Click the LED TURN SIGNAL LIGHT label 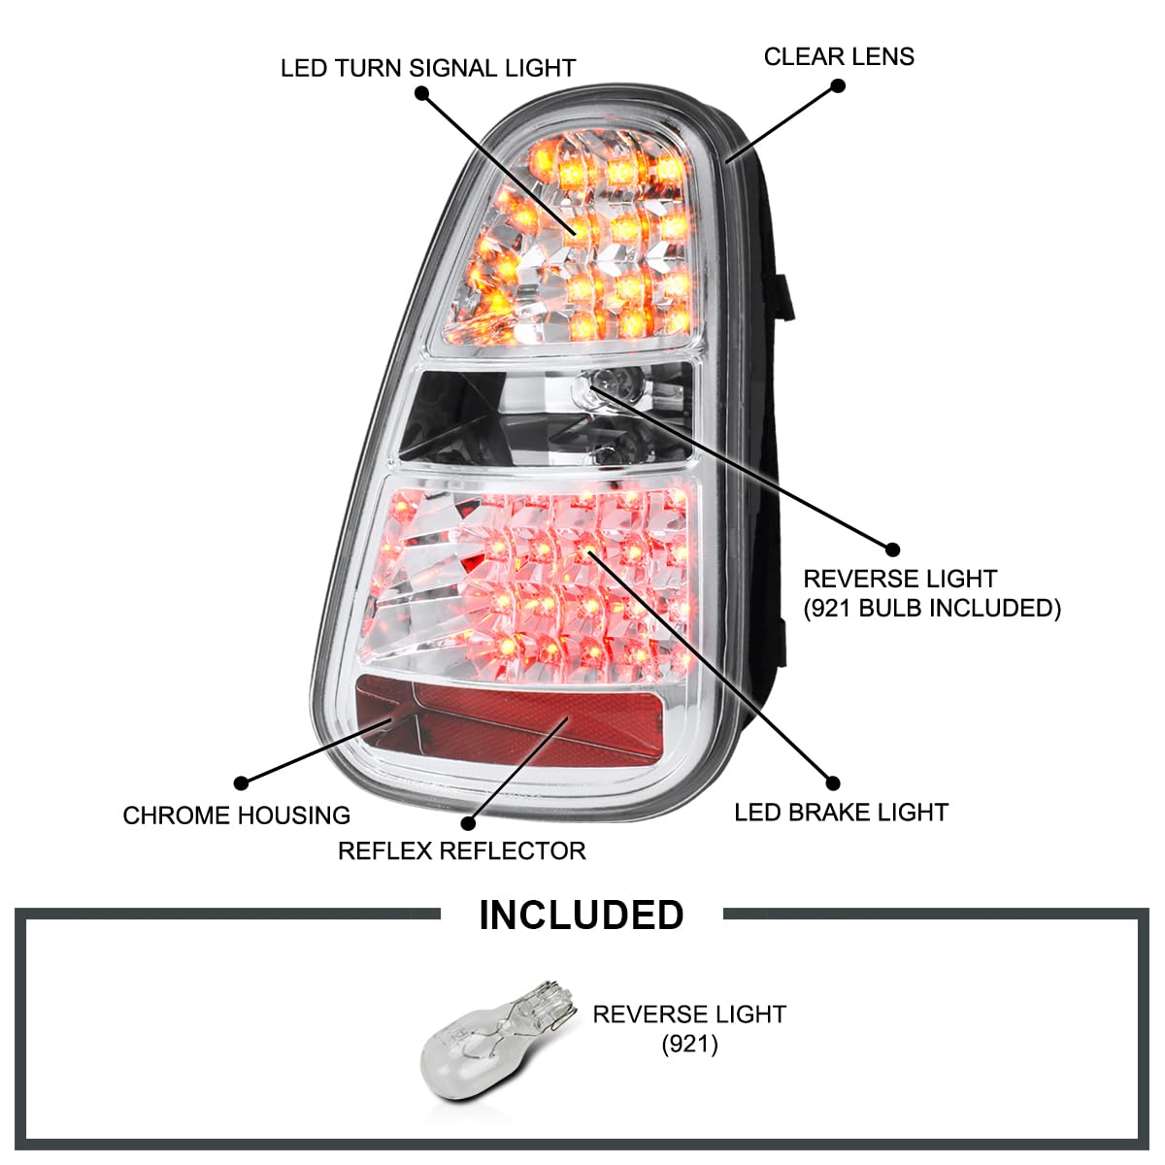(427, 68)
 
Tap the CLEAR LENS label (839, 56)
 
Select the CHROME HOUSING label (236, 815)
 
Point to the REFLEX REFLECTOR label (461, 851)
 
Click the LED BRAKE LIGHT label (841, 813)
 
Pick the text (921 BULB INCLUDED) (932, 609)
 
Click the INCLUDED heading (582, 915)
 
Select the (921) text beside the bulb (689, 1046)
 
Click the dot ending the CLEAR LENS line (839, 85)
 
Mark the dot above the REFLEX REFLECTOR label (469, 823)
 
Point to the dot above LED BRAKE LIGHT (831, 782)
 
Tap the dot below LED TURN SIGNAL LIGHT (421, 93)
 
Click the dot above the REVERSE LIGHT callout (892, 550)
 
